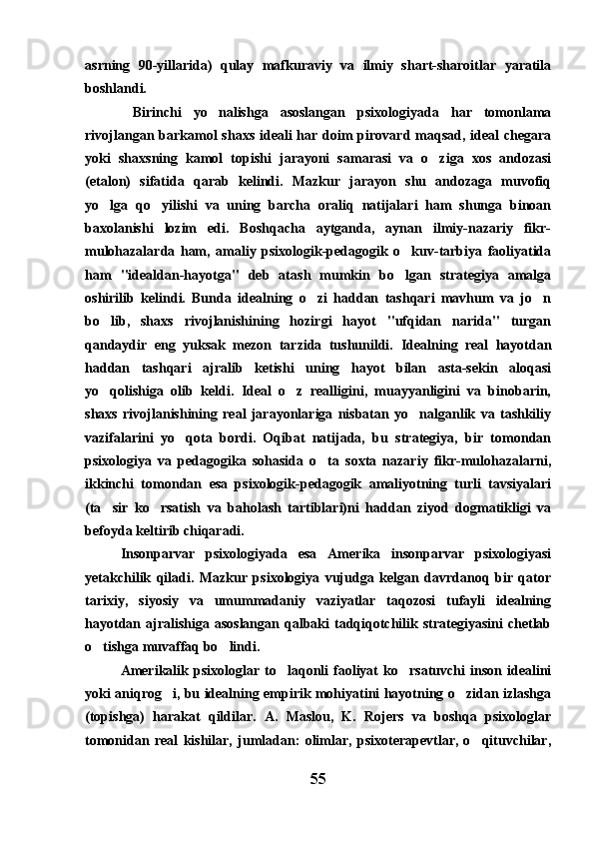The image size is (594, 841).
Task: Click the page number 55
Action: [x=317, y=776]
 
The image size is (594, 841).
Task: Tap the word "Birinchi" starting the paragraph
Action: [x=163, y=112]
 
